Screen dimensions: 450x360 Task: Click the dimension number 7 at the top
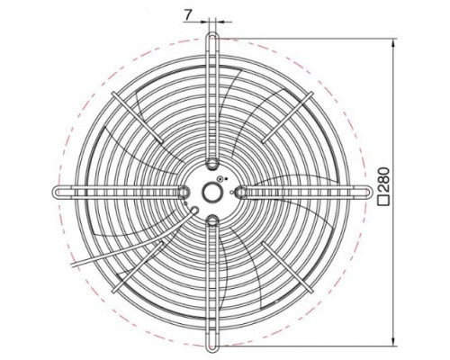coord(188,14)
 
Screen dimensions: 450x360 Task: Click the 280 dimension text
coord(383,180)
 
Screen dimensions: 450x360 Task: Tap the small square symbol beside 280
coord(383,200)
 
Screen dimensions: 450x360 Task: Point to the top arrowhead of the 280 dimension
coord(393,43)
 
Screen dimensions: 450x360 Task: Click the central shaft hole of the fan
coord(211,193)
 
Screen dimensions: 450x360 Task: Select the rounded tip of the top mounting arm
coord(212,35)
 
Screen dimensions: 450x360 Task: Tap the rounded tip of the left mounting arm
coord(57,192)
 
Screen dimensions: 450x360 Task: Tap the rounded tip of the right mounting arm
coord(368,192)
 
